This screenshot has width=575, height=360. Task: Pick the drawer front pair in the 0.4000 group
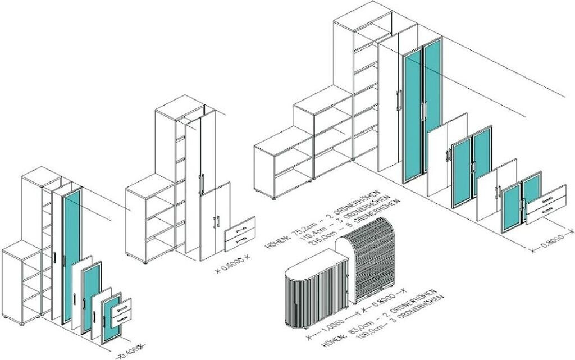click(x=121, y=312)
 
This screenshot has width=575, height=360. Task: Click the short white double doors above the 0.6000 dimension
click(x=216, y=220)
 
